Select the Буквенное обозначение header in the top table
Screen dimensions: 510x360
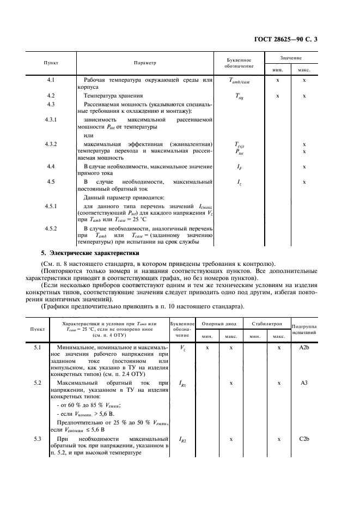(x=238, y=63)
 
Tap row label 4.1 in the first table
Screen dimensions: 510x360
(x=51, y=80)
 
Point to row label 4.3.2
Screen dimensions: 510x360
(x=51, y=144)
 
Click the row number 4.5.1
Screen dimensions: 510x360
(x=51, y=206)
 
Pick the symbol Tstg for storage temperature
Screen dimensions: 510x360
(x=239, y=96)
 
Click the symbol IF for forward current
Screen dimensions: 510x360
(x=239, y=166)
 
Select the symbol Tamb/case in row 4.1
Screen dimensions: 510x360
(x=239, y=81)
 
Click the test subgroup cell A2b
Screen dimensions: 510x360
(x=304, y=347)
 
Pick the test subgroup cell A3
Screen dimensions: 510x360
(x=304, y=383)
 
